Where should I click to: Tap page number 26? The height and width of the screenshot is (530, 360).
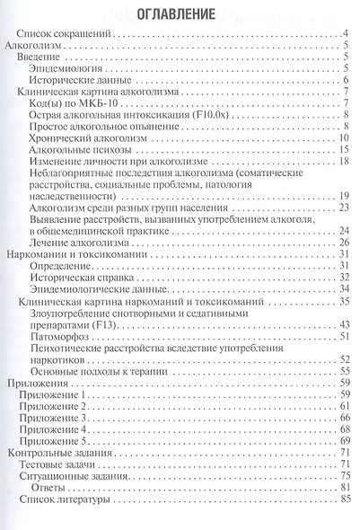344,242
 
